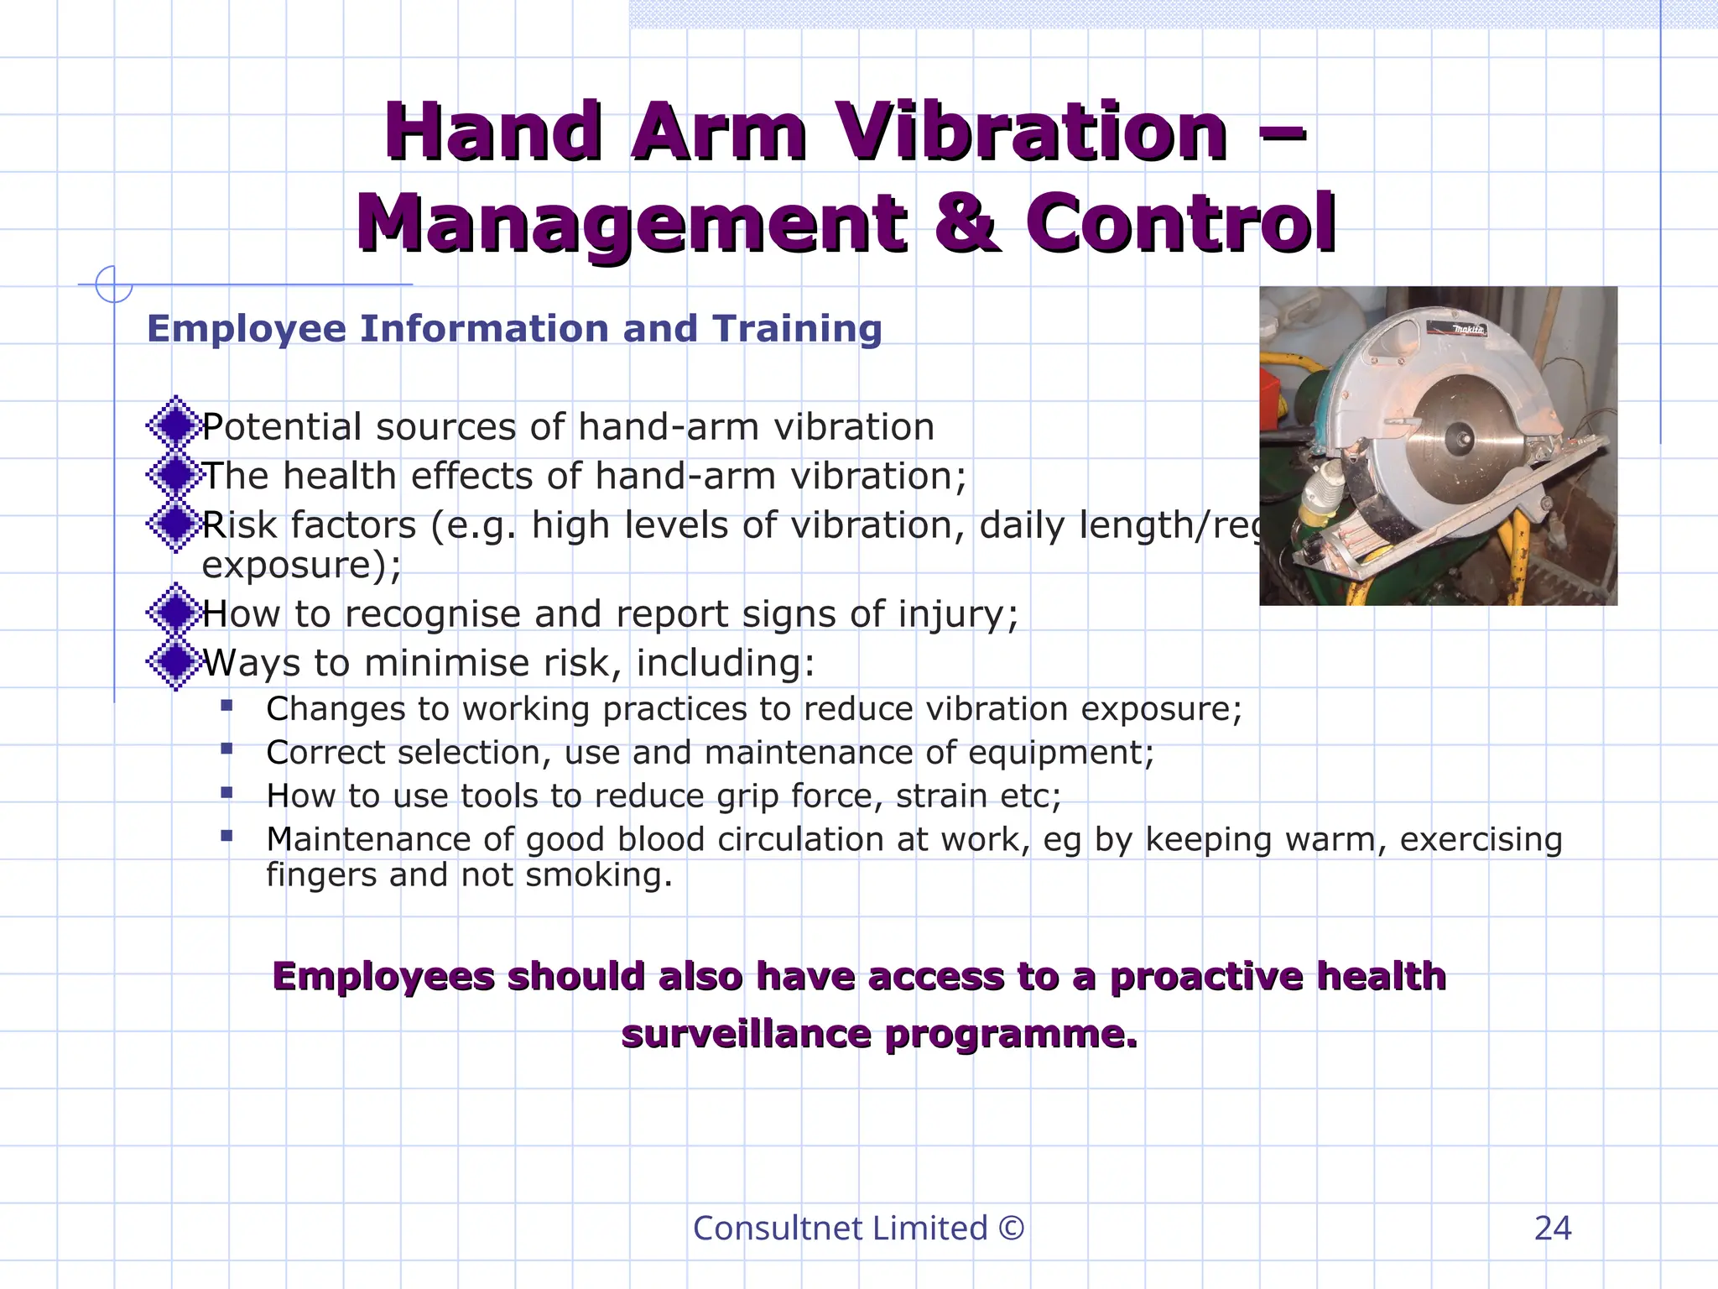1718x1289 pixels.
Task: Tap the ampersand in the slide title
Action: pos(966,223)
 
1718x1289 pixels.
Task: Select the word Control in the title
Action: pos(1180,223)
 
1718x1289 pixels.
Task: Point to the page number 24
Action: pos(1552,1229)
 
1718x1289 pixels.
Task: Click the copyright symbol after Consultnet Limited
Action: pos(1012,1229)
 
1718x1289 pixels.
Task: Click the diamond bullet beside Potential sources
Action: pos(176,425)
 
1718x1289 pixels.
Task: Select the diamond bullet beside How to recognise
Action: pos(176,613)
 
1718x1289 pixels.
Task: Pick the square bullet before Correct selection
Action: pos(226,749)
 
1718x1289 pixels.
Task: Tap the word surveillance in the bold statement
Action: pos(746,1034)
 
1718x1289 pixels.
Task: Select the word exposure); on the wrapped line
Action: pos(301,565)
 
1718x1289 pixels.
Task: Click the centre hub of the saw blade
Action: pos(1457,436)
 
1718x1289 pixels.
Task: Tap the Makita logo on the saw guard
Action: pos(1469,330)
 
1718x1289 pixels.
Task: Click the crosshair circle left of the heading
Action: pos(113,284)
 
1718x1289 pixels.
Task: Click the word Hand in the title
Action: pos(493,132)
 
